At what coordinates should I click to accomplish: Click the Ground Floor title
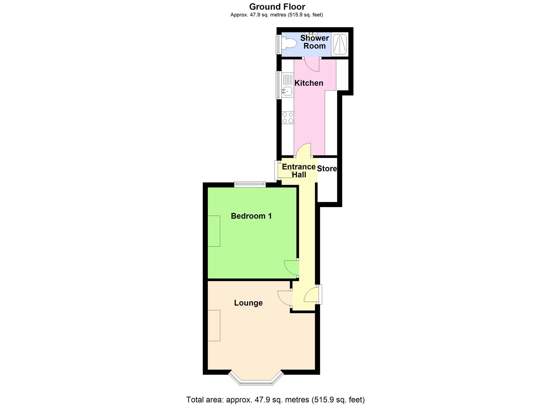tap(277, 7)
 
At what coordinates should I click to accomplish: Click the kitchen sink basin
tap(287, 91)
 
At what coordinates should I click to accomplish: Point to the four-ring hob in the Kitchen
tap(288, 117)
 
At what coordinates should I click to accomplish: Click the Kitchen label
tap(309, 83)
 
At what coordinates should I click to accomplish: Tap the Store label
tap(327, 169)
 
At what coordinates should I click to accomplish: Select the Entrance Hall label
tap(299, 171)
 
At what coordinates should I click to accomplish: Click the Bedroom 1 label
tap(251, 216)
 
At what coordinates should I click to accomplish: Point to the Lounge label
tap(248, 303)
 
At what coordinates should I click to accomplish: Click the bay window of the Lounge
tap(256, 381)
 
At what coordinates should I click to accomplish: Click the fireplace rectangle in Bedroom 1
tap(214, 231)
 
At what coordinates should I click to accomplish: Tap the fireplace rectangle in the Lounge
tap(214, 325)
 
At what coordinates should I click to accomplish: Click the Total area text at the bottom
tap(275, 400)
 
